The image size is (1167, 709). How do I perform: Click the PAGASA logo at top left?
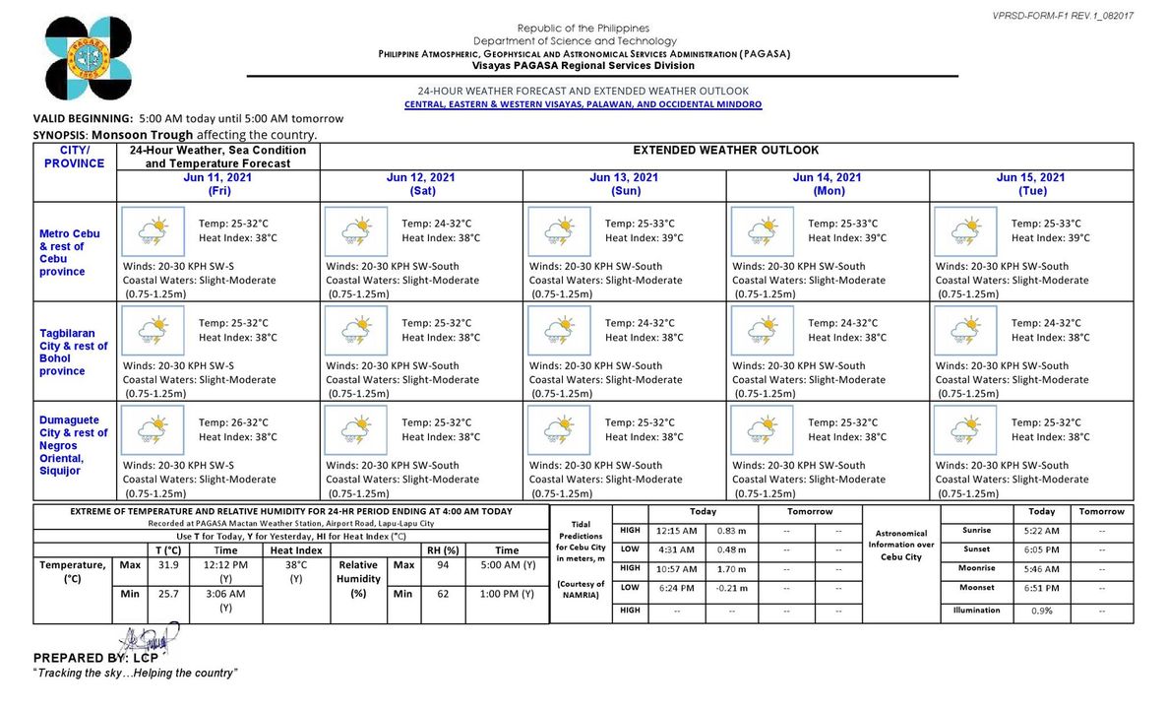coord(88,59)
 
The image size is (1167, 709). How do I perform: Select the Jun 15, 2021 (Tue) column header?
coord(1030,184)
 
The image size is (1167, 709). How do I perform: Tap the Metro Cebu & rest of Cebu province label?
coord(69,252)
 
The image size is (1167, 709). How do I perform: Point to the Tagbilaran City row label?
coord(73,353)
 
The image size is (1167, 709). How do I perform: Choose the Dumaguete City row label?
coord(73,445)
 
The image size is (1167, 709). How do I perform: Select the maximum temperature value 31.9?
coord(170,566)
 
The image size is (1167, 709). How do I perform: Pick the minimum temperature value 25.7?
coord(170,594)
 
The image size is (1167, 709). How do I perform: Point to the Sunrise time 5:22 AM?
coord(1041,531)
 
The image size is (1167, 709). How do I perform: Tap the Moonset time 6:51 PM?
coord(1041,588)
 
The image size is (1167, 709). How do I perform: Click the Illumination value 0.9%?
coord(1041,611)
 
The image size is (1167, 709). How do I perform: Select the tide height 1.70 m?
coord(730,569)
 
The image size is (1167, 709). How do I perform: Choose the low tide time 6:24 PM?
coord(676,588)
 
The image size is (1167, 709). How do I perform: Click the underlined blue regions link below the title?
coord(583,104)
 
